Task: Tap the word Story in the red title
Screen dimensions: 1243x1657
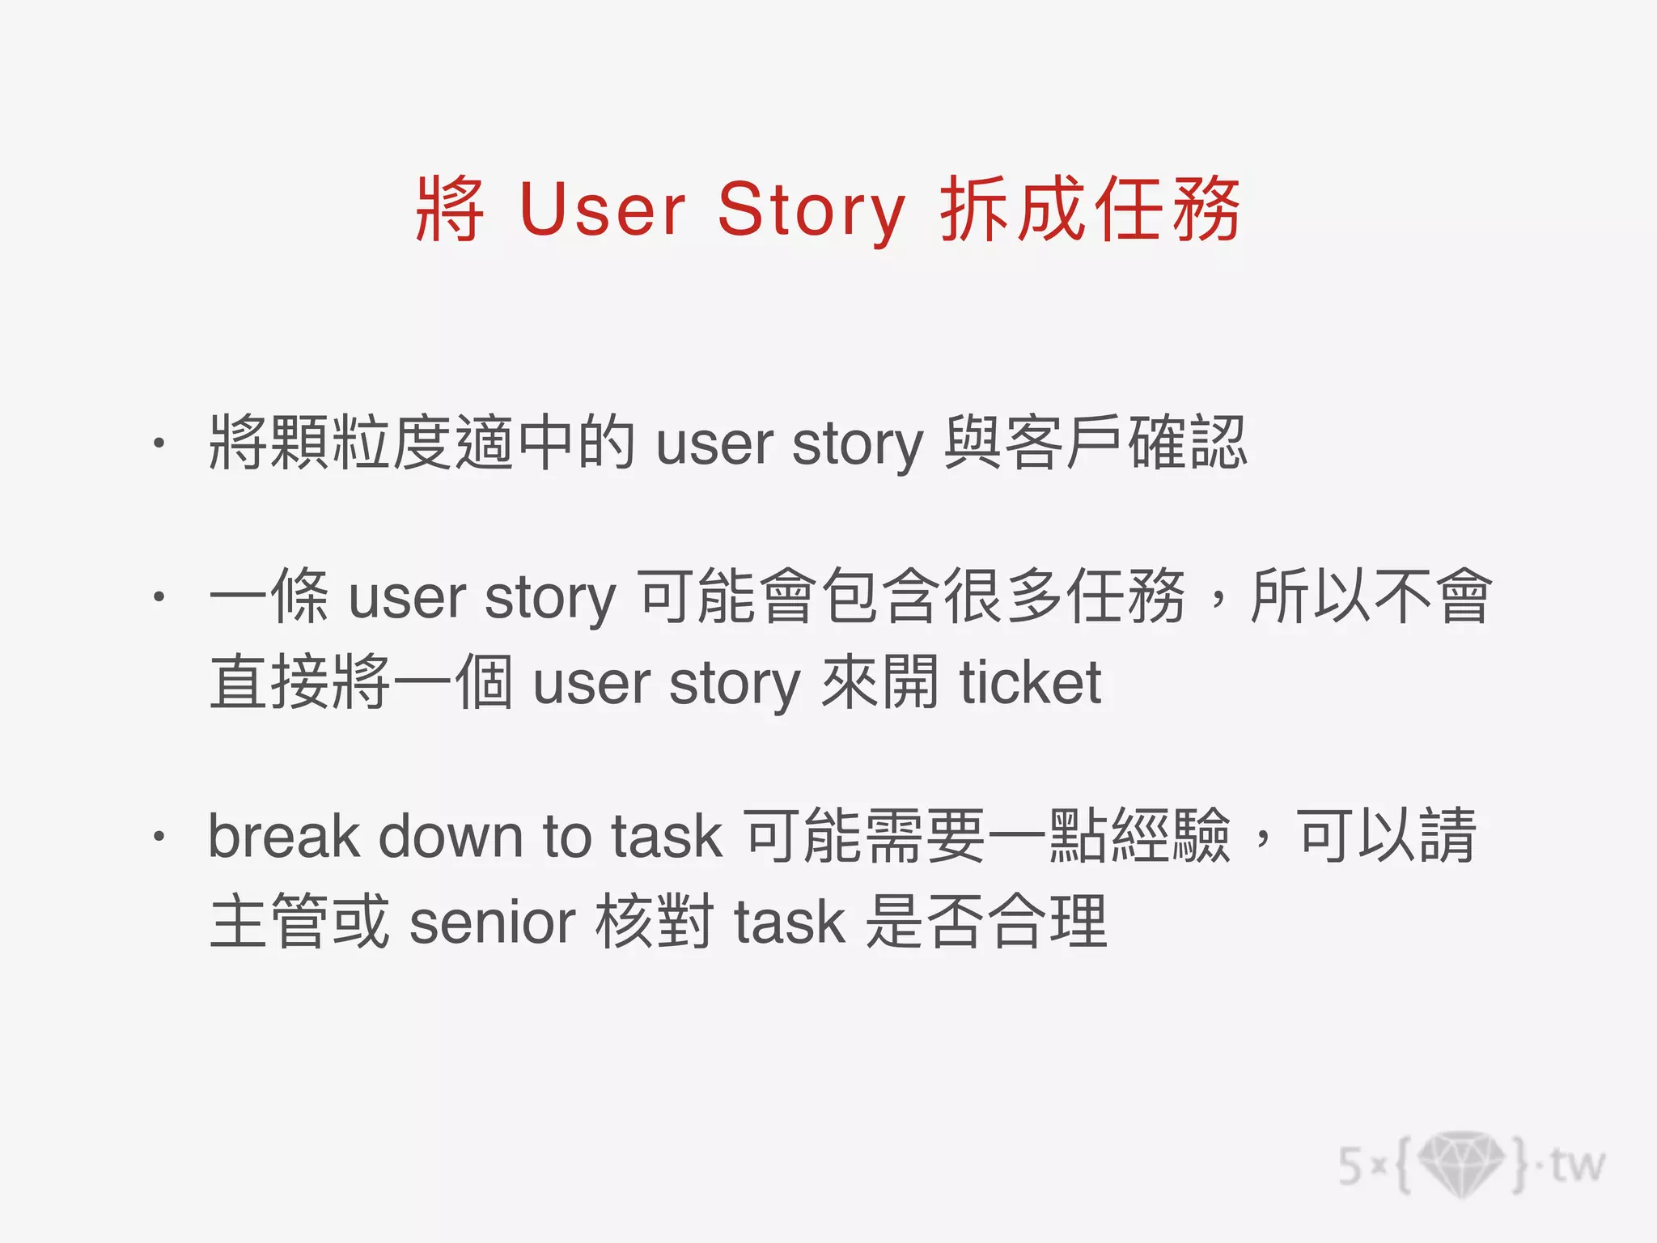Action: coord(811,210)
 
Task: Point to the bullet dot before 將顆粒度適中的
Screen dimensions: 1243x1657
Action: coord(159,443)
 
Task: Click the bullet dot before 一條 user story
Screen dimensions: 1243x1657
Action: coord(159,597)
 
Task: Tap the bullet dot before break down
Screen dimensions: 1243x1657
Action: coord(159,836)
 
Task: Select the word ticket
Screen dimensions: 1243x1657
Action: coord(1030,683)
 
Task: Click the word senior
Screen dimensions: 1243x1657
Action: coord(492,923)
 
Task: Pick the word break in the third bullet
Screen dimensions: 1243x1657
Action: coord(283,836)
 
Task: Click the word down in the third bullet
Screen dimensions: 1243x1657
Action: coord(451,836)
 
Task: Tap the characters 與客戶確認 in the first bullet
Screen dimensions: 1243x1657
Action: coord(1095,443)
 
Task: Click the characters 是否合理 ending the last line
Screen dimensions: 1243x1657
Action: coord(985,923)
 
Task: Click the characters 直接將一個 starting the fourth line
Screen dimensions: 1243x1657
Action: coord(361,683)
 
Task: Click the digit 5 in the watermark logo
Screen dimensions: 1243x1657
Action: coord(1350,1166)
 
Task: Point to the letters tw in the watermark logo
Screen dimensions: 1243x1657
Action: coord(1577,1165)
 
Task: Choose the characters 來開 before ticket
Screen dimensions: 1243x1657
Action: coord(880,683)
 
